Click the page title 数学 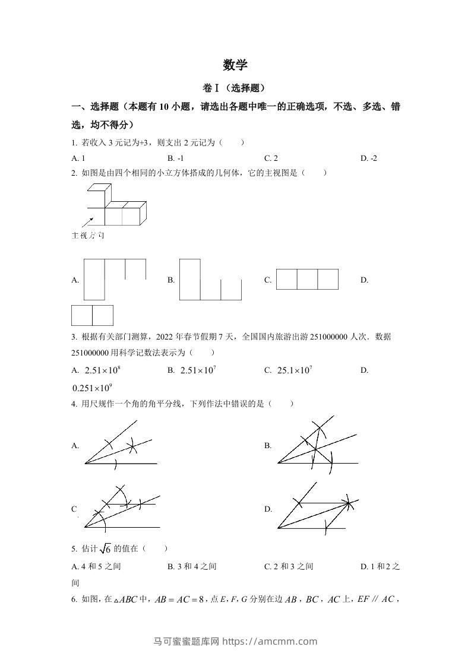coord(235,65)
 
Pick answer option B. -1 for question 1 coord(176,158)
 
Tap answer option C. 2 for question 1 coord(271,158)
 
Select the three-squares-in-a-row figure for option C coord(307,279)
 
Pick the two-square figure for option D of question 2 coord(92,315)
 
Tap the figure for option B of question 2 coord(210,280)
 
